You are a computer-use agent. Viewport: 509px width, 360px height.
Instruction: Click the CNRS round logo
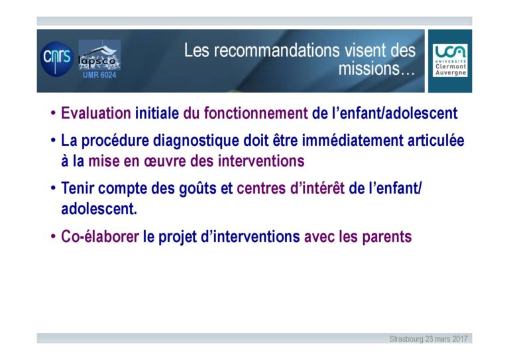click(57, 59)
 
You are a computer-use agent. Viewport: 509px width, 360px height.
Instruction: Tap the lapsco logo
click(99, 55)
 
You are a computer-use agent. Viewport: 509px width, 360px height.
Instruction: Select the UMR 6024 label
click(99, 75)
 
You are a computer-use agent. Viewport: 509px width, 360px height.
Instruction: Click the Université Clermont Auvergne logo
click(450, 60)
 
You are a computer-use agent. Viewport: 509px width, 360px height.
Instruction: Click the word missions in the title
click(369, 68)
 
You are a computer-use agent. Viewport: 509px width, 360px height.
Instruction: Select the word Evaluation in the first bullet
click(95, 113)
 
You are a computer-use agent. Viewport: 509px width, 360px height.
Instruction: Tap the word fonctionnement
click(256, 113)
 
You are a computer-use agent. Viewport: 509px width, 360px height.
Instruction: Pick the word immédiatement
click(353, 141)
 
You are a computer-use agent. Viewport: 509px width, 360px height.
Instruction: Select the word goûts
click(198, 188)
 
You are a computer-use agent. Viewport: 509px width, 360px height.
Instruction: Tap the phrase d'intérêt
click(317, 188)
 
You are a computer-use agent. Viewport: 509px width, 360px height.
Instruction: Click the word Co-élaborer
click(100, 236)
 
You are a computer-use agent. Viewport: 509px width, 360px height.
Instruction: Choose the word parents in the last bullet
click(387, 237)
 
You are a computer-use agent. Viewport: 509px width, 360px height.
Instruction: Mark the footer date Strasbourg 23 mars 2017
click(428, 339)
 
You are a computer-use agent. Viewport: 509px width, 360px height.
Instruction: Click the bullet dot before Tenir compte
click(53, 188)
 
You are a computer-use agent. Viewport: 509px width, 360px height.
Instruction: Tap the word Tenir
click(78, 188)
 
